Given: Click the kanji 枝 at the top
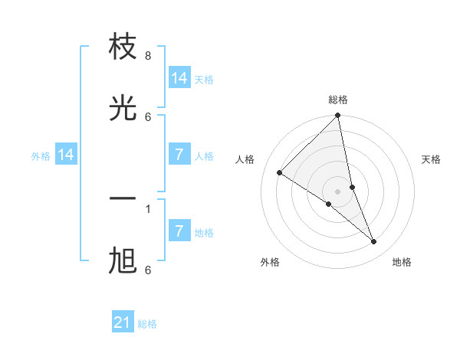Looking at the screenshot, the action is tap(123, 47).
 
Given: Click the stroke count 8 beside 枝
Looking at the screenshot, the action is tap(148, 56).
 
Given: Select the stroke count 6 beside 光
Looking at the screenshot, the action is tap(148, 116).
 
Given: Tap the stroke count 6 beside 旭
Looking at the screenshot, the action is tap(148, 270).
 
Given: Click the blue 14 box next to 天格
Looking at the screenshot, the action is tap(179, 78).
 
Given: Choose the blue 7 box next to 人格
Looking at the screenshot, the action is tap(179, 155).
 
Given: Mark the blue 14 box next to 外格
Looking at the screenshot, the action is tap(66, 155).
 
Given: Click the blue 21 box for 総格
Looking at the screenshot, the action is tap(123, 322).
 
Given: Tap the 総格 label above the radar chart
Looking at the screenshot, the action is tap(338, 100).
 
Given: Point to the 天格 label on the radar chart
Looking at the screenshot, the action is tap(432, 159).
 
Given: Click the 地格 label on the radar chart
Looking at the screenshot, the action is tap(402, 262).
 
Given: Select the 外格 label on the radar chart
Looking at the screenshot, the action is tap(269, 262).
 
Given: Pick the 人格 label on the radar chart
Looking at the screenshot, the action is tap(245, 159).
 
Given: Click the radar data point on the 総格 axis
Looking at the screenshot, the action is tap(338, 116).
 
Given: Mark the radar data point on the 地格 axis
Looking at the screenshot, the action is tap(374, 241).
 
